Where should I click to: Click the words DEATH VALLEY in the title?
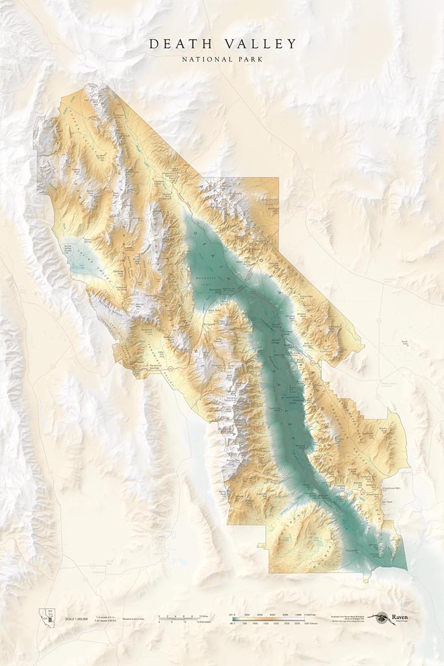(222, 44)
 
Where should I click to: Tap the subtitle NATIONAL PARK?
(222, 59)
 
